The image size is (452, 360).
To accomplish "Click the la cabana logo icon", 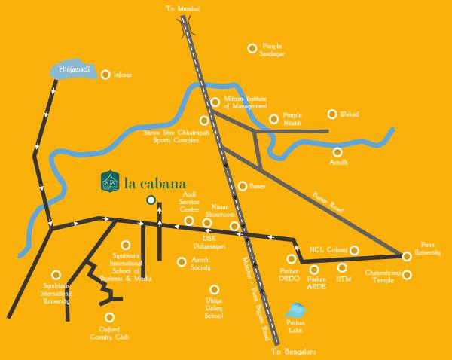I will pyautogui.click(x=110, y=181).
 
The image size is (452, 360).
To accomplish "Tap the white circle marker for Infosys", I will pyautogui.click(x=107, y=75).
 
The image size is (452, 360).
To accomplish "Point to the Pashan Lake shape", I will pyautogui.click(x=296, y=310).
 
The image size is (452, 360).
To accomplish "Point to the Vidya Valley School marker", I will pyautogui.click(x=215, y=288).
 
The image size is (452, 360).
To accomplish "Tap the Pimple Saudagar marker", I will pyautogui.click(x=252, y=48).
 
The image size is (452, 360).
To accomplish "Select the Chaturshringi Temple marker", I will pyautogui.click(x=408, y=274).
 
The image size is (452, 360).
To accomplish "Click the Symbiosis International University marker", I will pyautogui.click(x=55, y=276).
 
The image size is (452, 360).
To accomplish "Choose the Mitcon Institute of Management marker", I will pyautogui.click(x=215, y=102).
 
